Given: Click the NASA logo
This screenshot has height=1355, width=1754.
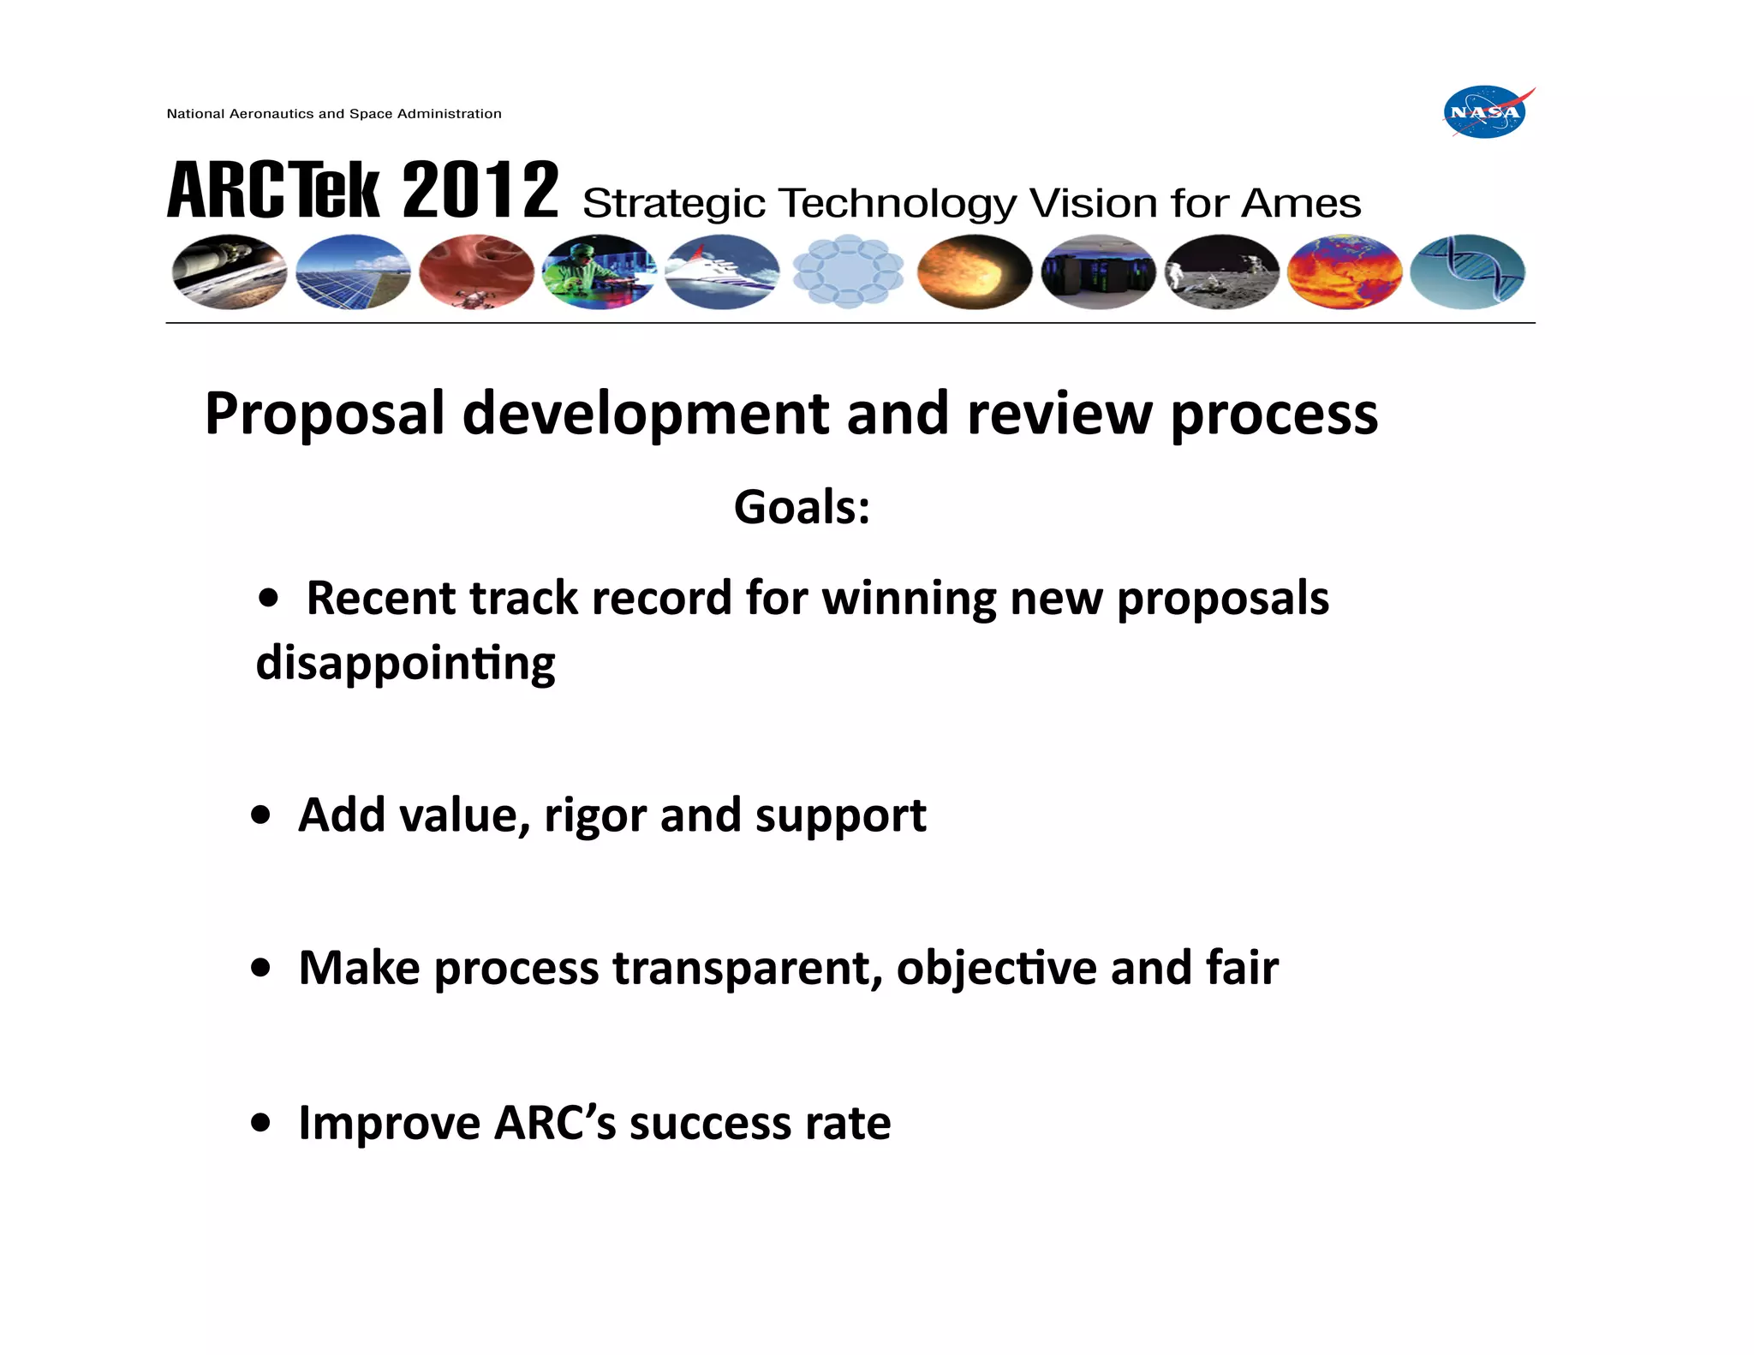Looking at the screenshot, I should click(1486, 112).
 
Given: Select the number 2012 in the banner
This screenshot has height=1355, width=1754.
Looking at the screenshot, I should click(480, 190).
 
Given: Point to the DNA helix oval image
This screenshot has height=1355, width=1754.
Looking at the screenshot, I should click(1467, 272).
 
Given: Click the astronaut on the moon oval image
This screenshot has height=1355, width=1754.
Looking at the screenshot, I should click(1222, 272).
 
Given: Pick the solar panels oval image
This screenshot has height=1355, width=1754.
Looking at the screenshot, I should click(353, 272).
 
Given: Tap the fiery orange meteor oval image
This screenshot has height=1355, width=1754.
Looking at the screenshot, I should click(974, 272).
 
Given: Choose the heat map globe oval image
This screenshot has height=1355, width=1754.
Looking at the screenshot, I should click(1345, 272).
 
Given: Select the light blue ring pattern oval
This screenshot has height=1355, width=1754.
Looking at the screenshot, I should click(848, 272).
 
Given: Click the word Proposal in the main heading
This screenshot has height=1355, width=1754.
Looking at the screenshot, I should click(325, 415).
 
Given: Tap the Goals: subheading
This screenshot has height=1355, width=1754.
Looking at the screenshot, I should click(802, 507).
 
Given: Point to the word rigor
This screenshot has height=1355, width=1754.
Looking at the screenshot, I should click(594, 815).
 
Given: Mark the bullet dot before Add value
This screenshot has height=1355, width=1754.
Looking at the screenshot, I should click(261, 815).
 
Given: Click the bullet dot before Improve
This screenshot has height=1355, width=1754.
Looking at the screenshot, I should click(261, 1122).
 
